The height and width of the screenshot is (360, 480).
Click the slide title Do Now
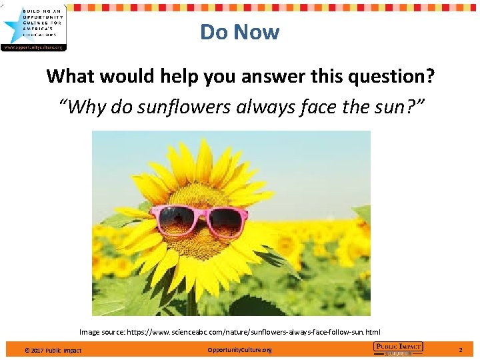point(239,32)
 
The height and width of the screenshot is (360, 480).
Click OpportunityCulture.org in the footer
point(239,349)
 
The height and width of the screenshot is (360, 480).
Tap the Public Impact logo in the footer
point(398,349)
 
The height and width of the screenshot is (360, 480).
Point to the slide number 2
point(460,349)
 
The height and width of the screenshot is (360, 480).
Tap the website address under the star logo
point(33,47)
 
